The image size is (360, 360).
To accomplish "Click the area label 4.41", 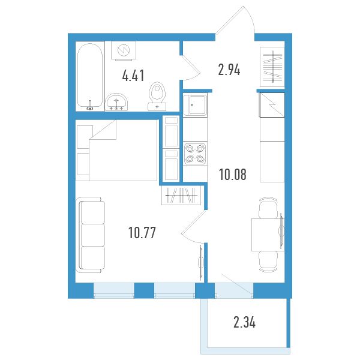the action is pos(133,76).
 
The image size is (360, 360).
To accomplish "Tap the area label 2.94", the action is pos(229,70).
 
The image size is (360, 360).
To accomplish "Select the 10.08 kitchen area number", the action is pos(233,174).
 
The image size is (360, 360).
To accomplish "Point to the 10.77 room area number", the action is pos(142,232).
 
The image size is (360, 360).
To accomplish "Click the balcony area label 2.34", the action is pos(244,322).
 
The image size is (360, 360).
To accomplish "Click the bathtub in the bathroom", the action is pos(90,76).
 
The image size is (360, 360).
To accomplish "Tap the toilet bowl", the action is pos(157,96).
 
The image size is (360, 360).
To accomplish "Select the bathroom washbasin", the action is pos(116,103).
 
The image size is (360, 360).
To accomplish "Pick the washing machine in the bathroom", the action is pos(124,50).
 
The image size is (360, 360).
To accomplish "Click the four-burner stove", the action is pos(195,154).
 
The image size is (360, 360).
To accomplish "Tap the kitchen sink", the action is pos(195,105).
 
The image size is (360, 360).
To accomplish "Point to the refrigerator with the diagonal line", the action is pos(272,105).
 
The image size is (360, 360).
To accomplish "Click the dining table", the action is pos(268,235).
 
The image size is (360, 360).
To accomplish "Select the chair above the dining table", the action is pos(268,208).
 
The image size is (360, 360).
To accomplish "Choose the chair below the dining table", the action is pos(268,262).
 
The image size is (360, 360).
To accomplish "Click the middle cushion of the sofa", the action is pos(93,235).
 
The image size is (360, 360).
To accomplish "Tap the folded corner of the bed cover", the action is pos(106,131).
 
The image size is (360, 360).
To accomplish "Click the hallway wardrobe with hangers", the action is pos(272,67).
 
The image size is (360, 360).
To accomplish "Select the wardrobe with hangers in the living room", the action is pos(181,195).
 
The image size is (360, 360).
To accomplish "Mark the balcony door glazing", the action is pos(234,290).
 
